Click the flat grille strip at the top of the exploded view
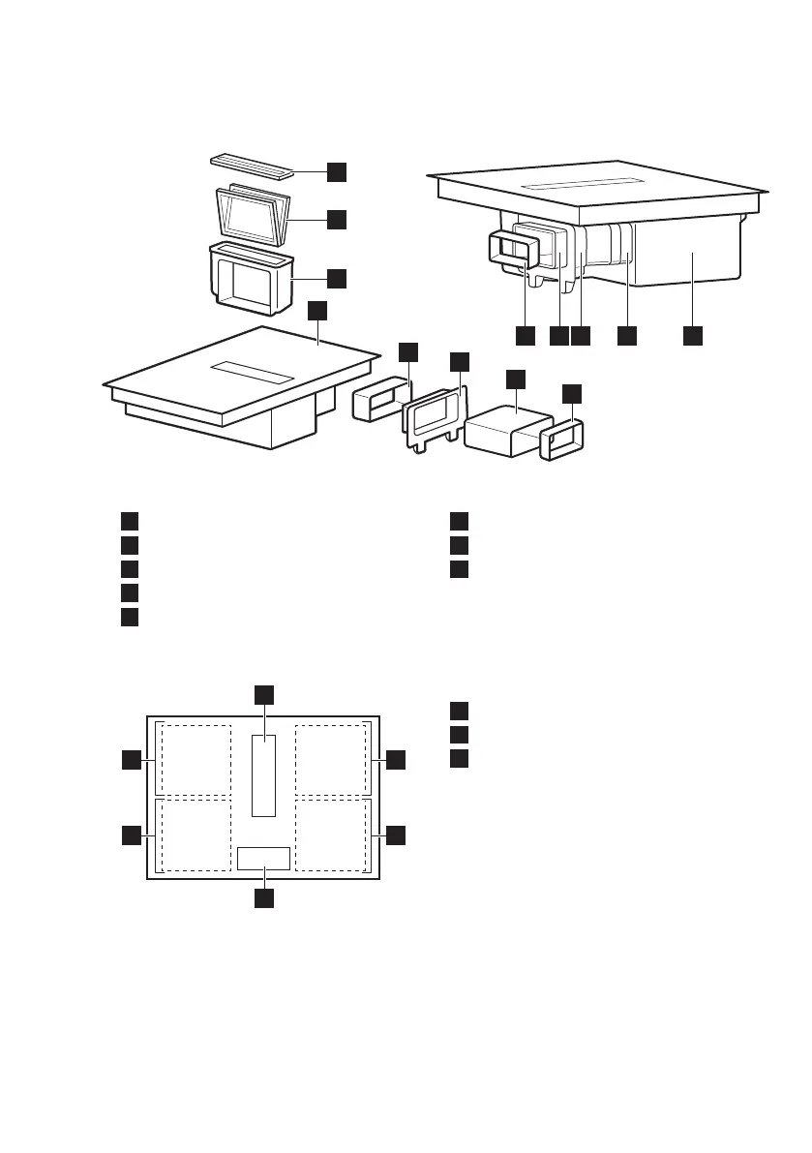pos(250,166)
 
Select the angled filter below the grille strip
pos(250,216)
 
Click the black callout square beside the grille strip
pos(337,171)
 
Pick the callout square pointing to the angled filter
pos(337,220)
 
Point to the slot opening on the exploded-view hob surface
pos(254,373)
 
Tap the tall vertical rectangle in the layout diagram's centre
pos(263,774)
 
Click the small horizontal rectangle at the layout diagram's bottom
pos(263,857)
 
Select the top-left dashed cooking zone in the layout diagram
pos(195,758)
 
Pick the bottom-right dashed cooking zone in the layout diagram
pos(331,834)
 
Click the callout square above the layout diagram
pos(263,694)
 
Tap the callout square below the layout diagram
pos(263,899)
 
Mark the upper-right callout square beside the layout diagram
pos(396,761)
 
